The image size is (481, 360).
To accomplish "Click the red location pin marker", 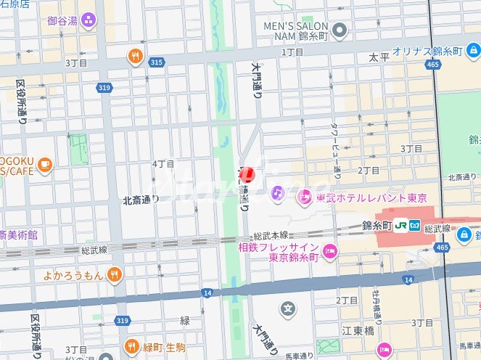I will click(247, 175).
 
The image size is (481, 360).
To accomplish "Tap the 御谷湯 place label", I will click(63, 20).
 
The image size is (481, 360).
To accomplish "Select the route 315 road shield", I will click(156, 62).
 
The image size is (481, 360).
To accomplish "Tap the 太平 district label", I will click(379, 57).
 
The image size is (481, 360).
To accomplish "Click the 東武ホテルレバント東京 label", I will click(371, 197).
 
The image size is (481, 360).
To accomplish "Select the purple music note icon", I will click(277, 192).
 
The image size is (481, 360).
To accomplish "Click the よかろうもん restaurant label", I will click(74, 274).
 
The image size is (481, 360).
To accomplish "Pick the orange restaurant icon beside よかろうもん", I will click(114, 274).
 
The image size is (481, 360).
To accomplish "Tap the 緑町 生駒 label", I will click(167, 346).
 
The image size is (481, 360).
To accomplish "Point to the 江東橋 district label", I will click(358, 330).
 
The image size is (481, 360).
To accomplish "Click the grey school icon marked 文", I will click(289, 309).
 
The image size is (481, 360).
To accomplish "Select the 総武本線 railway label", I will click(271, 236).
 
